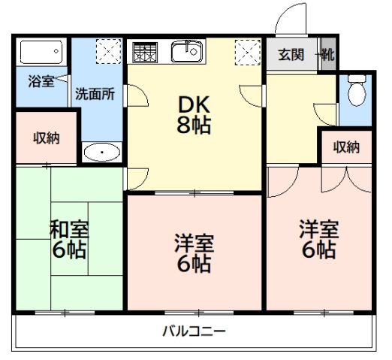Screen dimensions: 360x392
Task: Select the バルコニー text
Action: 194,331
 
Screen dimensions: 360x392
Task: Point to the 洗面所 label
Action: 94,95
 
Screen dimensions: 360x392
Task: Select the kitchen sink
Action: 185,52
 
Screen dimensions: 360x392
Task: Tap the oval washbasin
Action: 101,153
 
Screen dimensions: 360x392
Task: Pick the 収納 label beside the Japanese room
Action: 45,138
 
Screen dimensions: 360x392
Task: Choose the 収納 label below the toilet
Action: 346,147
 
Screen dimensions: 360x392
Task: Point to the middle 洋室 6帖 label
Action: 194,253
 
